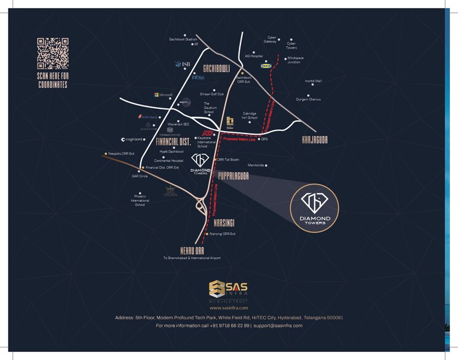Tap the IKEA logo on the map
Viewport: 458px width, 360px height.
pos(266,63)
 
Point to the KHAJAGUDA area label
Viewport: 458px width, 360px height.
pos(315,140)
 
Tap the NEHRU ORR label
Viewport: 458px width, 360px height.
pos(191,249)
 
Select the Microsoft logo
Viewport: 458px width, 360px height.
pos(165,95)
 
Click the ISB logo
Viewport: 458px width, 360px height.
pos(183,64)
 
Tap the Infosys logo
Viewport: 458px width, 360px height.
pos(198,78)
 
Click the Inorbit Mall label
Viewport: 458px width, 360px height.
pos(314,81)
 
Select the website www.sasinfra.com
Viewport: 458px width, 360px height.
pos(228,307)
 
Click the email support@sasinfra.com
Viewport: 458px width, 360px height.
pos(278,325)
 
